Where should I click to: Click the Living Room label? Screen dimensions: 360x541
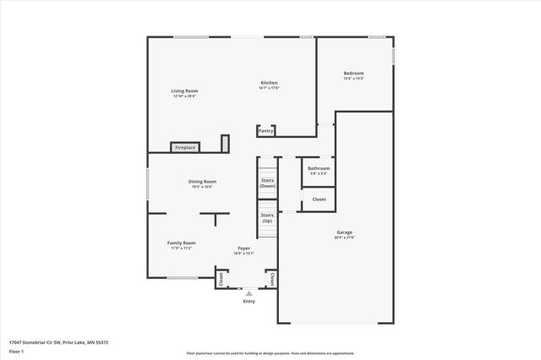[184, 90]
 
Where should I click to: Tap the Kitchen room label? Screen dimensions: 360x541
[269, 83]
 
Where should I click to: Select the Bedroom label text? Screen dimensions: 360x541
[353, 74]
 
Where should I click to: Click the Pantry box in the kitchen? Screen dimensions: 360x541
[265, 131]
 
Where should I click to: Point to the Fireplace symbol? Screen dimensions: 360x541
[185, 147]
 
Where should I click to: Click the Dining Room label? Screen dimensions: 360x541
[202, 182]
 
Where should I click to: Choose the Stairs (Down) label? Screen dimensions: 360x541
[267, 183]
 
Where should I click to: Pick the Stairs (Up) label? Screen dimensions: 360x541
[267, 217]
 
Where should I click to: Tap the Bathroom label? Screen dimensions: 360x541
[319, 168]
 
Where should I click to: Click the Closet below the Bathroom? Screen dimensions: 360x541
[319, 199]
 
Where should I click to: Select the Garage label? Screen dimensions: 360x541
[345, 232]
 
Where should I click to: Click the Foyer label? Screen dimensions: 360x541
[243, 248]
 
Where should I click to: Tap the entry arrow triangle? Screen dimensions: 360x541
[249, 293]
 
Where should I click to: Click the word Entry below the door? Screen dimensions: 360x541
[249, 301]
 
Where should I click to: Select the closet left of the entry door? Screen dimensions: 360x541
[221, 277]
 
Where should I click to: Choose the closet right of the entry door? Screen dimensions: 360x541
[270, 277]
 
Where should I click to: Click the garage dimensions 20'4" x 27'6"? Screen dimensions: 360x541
[345, 237]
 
